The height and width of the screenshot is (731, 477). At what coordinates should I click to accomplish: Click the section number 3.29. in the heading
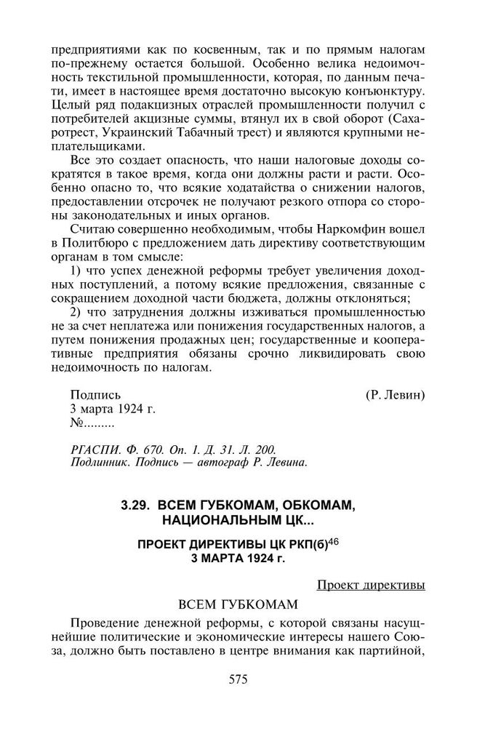136,506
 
